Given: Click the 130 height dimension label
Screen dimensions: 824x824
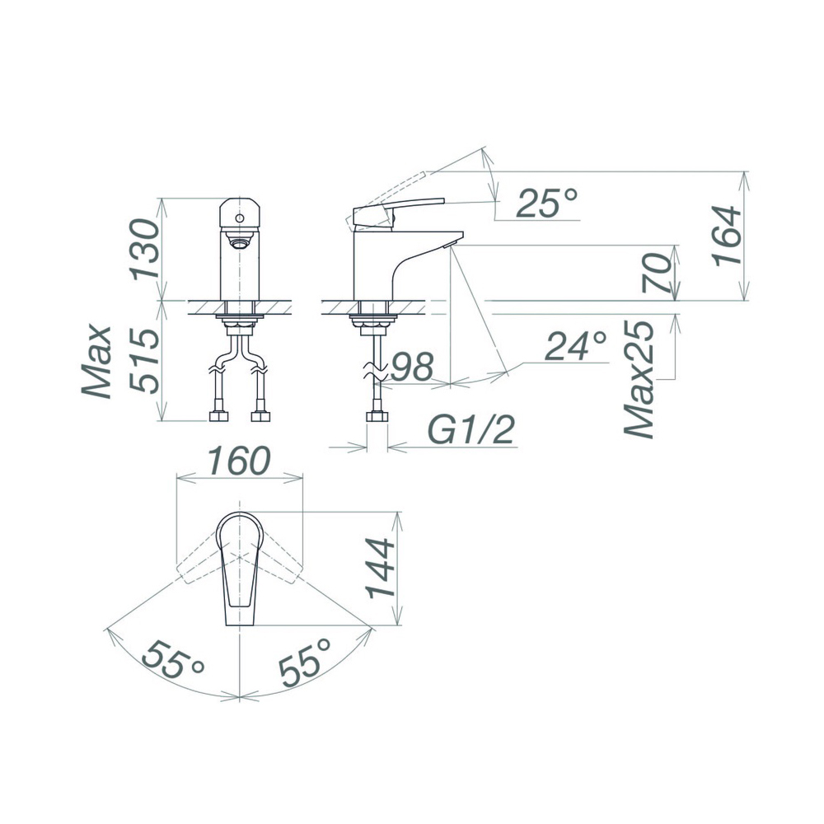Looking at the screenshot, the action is [144, 249].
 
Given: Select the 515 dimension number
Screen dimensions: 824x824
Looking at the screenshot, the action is [144, 361].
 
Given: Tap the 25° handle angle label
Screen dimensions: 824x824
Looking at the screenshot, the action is [546, 203].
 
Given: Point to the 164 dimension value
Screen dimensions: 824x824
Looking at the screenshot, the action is [727, 236].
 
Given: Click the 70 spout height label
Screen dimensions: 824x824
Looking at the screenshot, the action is [657, 274].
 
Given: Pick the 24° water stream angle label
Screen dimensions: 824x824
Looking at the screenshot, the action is [576, 346].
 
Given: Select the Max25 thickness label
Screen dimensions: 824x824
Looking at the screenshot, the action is [639, 379].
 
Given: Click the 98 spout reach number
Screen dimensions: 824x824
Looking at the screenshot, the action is [414, 367].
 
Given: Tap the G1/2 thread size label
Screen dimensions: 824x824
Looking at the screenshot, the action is [471, 430].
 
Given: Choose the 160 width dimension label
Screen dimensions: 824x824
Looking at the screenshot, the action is [240, 461].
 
